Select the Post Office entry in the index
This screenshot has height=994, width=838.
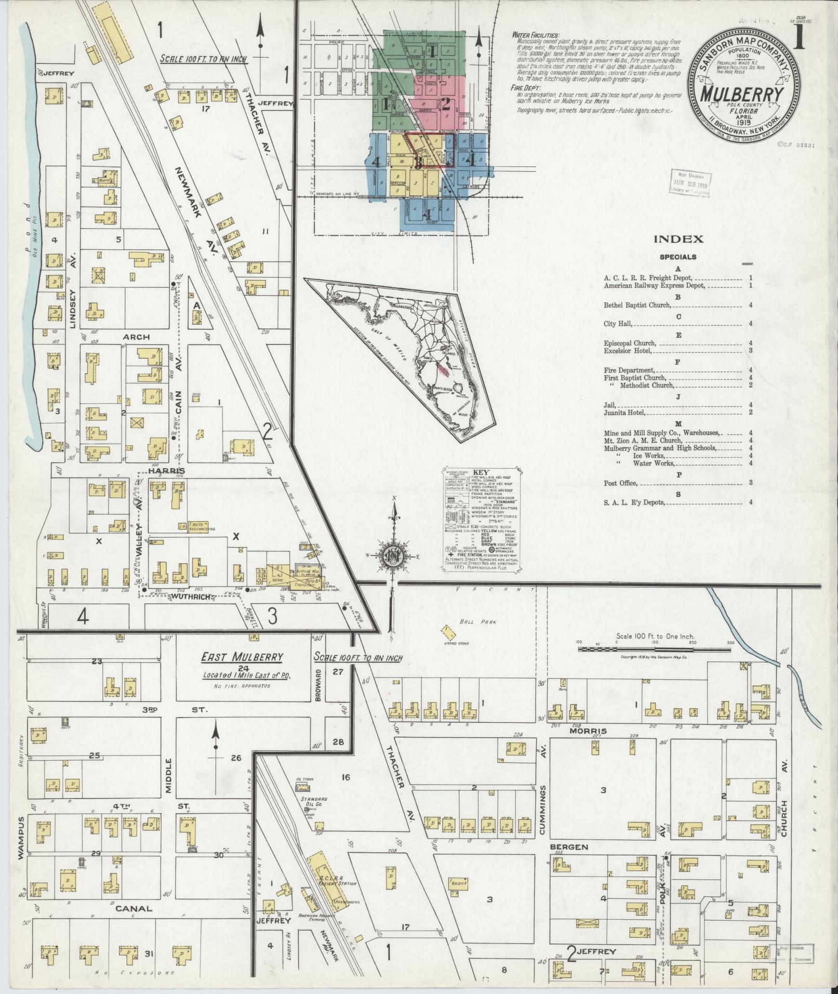tap(620, 483)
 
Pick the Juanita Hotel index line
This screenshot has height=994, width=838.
tap(624, 413)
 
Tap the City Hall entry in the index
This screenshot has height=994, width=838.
tap(618, 324)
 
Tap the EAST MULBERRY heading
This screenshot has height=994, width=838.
tap(242, 657)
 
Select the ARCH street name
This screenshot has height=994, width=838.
tap(136, 337)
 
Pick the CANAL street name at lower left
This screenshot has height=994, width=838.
tap(134, 909)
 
